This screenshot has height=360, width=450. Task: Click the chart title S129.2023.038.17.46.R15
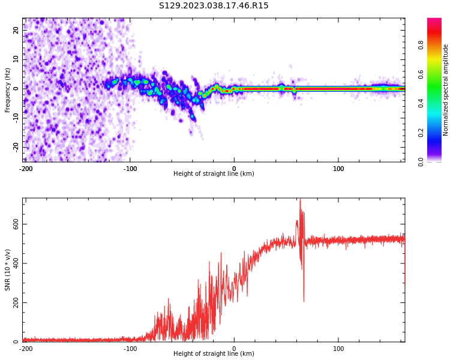(214, 6)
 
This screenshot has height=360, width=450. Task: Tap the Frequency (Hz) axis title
(8, 90)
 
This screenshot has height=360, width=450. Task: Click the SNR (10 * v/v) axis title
(8, 269)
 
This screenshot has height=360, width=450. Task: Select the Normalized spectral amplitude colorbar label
(446, 90)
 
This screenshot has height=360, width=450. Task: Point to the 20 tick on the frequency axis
(16, 30)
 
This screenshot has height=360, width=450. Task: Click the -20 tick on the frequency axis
(16, 146)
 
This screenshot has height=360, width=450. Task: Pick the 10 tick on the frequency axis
(16, 59)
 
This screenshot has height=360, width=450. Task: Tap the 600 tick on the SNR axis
(16, 224)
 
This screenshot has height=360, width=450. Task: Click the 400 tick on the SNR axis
(16, 263)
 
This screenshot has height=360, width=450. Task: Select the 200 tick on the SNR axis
(16, 302)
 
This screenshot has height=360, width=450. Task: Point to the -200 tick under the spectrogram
(26, 169)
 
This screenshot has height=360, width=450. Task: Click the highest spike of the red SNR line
(300, 200)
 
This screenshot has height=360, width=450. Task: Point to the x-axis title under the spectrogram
(214, 174)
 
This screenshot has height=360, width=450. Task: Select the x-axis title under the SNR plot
(214, 354)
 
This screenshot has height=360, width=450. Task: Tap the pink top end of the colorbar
(434, 21)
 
